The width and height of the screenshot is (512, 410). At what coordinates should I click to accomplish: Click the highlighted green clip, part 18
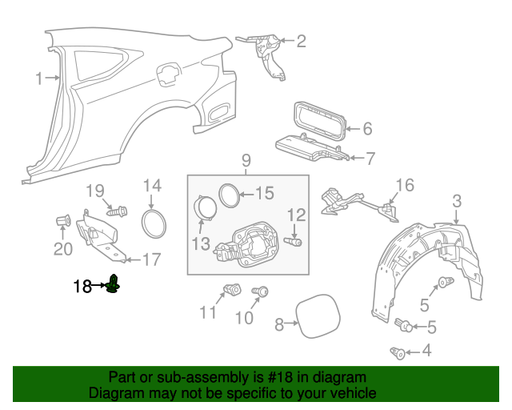coord(114,283)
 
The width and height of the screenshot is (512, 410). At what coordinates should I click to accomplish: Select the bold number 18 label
coord(83,285)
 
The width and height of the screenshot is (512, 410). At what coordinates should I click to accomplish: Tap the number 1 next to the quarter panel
coord(38,78)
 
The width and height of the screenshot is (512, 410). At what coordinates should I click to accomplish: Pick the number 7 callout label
coord(370,159)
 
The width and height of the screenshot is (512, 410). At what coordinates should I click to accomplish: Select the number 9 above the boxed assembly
coord(246,161)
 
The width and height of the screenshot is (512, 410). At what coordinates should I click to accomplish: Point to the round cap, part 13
coord(206,207)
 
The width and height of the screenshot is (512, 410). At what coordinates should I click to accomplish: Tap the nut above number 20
coord(63,220)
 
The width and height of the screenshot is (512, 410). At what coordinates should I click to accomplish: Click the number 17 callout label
coord(151,259)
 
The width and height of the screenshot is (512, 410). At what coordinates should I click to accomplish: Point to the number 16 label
coord(405,186)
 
